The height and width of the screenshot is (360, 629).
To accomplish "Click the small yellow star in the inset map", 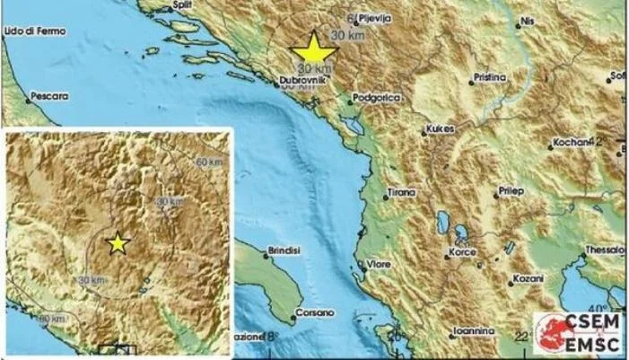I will coord(117,242).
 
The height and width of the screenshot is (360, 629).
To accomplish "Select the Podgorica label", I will coord(378,95).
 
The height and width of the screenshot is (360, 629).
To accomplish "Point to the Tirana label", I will coord(400,192).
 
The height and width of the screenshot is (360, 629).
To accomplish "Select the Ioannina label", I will coord(472,329).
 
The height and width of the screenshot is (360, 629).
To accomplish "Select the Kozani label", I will coord(528,279).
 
